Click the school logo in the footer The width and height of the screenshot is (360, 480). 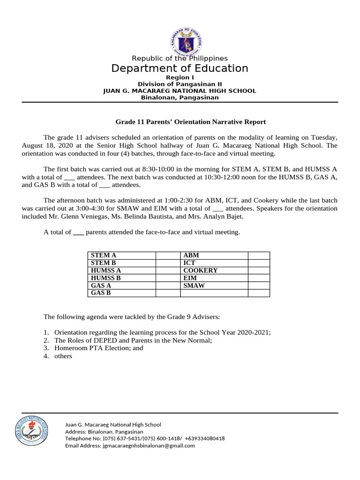(x=31, y=432)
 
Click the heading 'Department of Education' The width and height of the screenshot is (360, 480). (x=180, y=68)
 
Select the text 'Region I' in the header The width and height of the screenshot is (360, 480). (x=180, y=77)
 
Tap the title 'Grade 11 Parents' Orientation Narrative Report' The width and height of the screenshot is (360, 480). (x=191, y=122)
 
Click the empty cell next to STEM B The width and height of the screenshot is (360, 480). (x=168, y=263)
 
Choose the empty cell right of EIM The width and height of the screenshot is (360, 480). (x=259, y=278)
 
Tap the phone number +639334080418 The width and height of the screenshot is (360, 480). (x=205, y=439)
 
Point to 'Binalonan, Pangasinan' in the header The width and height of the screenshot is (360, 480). (x=180, y=97)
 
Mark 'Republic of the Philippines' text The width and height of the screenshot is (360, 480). (x=180, y=59)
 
